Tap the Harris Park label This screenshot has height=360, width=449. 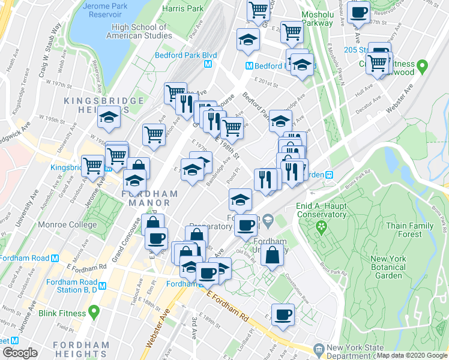[x=183, y=9]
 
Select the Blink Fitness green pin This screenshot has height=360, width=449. [x=93, y=313]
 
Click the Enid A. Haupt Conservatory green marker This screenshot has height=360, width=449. [x=321, y=227]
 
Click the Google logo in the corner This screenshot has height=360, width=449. [x=19, y=353]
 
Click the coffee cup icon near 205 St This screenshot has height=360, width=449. [x=359, y=13]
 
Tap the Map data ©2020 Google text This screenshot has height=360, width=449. [x=411, y=355]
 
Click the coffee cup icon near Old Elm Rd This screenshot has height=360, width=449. [x=246, y=226]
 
